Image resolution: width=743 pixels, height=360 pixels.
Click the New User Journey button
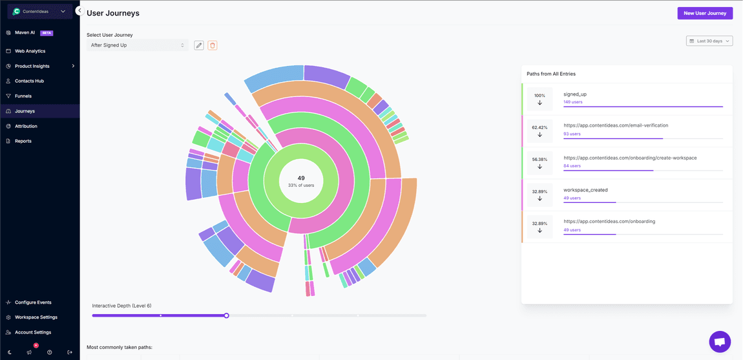point(705,13)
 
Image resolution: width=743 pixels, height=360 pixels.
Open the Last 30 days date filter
point(709,41)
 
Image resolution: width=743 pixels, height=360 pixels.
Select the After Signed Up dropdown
point(138,45)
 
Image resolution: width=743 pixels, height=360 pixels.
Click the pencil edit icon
point(199,45)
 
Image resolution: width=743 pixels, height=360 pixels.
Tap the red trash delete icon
point(213,45)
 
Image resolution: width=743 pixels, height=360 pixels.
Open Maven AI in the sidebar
point(25,32)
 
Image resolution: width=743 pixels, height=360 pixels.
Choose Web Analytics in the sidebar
point(30,51)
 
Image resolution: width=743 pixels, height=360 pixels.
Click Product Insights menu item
point(32,66)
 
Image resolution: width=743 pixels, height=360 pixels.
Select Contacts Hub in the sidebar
point(29,81)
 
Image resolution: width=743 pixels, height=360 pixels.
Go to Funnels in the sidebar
point(23,96)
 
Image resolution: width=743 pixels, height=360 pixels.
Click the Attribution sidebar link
point(26,126)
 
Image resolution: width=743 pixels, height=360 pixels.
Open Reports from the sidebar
point(23,141)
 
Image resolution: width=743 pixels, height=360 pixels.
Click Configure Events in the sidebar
point(33,302)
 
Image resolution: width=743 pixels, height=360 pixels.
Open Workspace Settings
point(36,317)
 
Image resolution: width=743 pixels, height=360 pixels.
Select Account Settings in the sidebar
point(33,332)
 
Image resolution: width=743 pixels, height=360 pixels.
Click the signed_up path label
point(575,94)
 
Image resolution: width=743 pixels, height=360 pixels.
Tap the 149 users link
point(572,102)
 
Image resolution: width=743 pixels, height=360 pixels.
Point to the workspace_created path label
point(585,190)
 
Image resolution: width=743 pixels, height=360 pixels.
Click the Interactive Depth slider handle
point(227,315)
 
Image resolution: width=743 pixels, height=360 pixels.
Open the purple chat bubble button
point(720,342)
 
